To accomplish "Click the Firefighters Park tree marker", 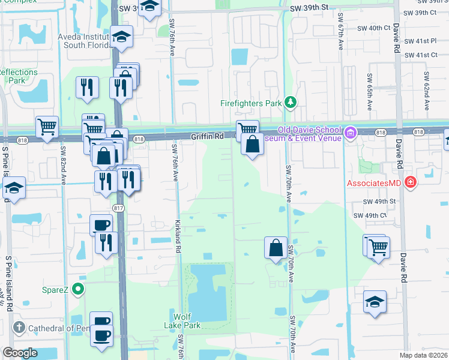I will (291, 103).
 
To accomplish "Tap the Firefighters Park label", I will (251, 103).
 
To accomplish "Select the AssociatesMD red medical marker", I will (411, 181).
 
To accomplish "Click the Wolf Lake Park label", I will (186, 320).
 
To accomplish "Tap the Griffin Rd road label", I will (207, 136).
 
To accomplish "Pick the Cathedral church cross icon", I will (19, 328).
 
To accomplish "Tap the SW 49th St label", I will (380, 202).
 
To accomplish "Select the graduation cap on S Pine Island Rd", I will (13, 188).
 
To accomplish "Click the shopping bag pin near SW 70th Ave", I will (275, 247).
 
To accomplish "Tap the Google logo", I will (20, 353).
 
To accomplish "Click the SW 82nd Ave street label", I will (62, 162).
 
